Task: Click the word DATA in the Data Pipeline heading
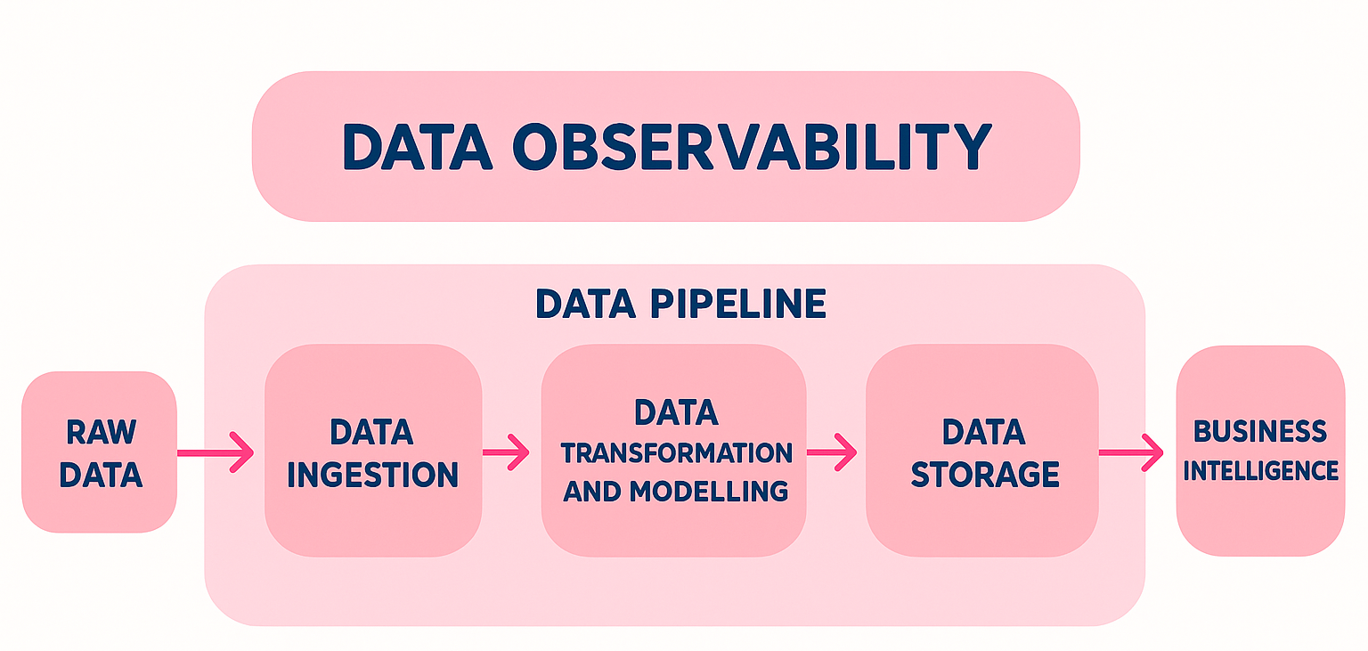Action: (x=585, y=305)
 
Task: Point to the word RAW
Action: (x=102, y=433)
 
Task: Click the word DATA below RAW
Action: (x=102, y=475)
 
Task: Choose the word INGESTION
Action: (x=372, y=475)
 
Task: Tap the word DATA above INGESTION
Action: (x=372, y=433)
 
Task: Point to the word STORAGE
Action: (x=985, y=475)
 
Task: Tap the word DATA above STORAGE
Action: (x=984, y=433)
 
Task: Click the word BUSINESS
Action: (x=1260, y=432)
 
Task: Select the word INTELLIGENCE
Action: (x=1260, y=469)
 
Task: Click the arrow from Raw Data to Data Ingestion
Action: (x=216, y=453)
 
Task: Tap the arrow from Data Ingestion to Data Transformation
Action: (x=506, y=452)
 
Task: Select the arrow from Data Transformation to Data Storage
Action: (x=832, y=452)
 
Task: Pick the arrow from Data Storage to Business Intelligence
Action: (x=1131, y=452)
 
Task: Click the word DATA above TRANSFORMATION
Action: (x=676, y=412)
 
